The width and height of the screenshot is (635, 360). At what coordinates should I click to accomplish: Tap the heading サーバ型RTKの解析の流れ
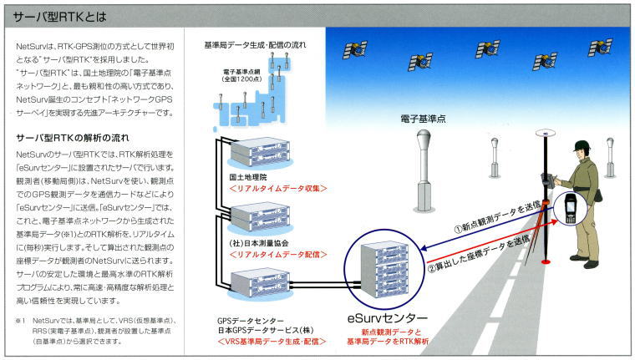click(x=74, y=137)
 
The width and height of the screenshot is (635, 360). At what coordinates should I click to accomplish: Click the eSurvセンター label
click(x=388, y=318)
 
